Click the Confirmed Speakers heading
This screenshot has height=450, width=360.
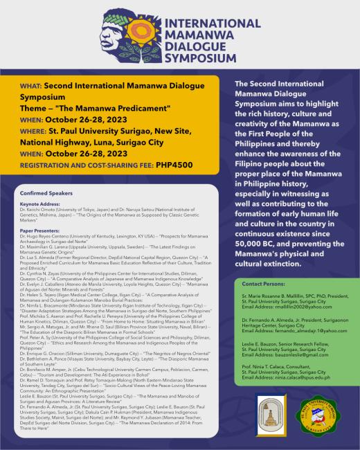45,194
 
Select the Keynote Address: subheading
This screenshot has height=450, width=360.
40,204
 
